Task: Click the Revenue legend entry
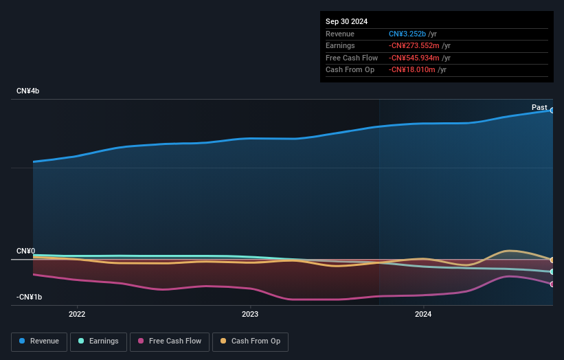[x=39, y=341]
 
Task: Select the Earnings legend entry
[x=98, y=341]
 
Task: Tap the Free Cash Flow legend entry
[x=169, y=341]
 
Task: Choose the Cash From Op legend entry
[x=250, y=341]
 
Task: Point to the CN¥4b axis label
[x=28, y=91]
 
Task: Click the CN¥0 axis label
[x=26, y=251]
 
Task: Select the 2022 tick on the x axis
[x=77, y=314]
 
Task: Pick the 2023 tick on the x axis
[x=250, y=314]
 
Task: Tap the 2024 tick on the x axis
[x=423, y=314]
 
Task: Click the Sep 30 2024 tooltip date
[x=346, y=21]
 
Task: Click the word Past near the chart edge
[x=539, y=108]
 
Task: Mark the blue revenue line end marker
[x=552, y=111]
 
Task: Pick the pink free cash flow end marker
[x=552, y=284]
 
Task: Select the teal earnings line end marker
[x=552, y=272]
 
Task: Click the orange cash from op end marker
[x=552, y=260]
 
